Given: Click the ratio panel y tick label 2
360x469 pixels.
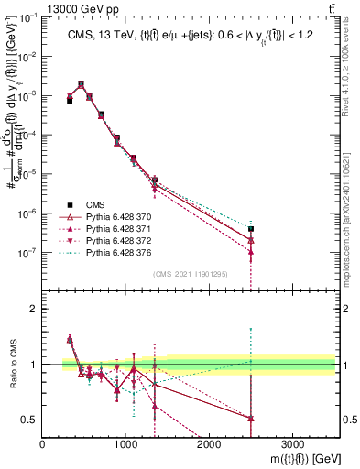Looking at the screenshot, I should (34, 309).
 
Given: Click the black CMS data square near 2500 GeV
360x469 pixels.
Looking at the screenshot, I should (251, 229).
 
